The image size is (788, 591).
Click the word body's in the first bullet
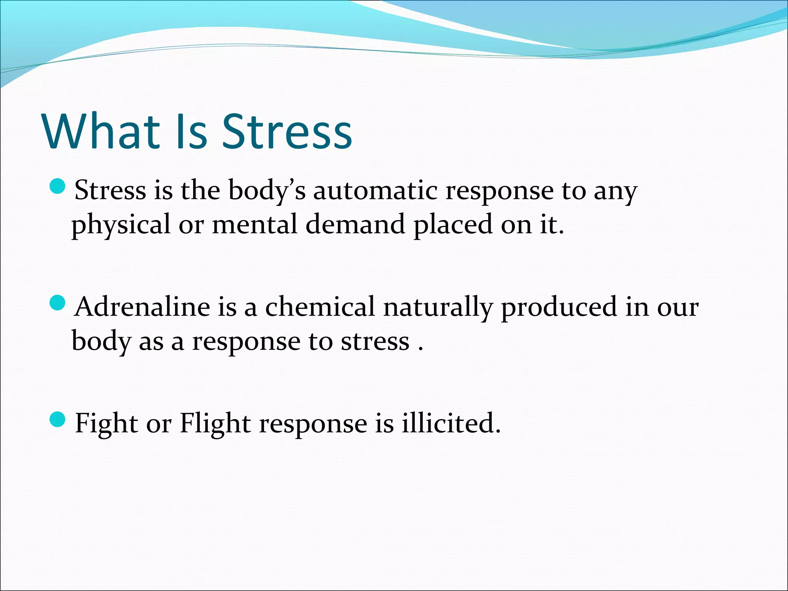(x=267, y=191)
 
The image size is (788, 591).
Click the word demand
(x=355, y=225)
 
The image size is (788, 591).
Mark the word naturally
(x=437, y=308)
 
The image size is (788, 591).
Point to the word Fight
(x=106, y=424)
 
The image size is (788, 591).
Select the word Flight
(x=215, y=424)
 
